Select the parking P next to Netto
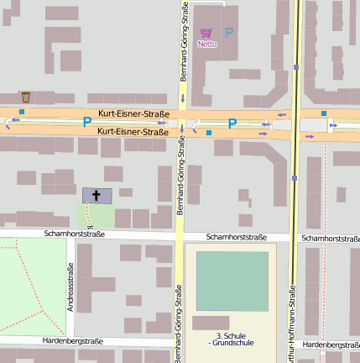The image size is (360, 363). (229, 32)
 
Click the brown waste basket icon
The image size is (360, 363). (26, 97)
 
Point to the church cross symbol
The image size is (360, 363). (96, 195)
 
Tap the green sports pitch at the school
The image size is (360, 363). (232, 281)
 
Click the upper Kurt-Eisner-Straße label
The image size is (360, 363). (133, 113)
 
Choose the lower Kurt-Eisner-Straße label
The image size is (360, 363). (133, 131)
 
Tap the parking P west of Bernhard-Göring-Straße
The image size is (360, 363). (86, 123)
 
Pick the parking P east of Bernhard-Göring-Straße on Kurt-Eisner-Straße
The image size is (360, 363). (232, 123)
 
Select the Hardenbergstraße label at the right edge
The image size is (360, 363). (331, 345)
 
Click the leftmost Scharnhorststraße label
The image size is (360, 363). (75, 234)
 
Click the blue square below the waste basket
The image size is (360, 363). (22, 111)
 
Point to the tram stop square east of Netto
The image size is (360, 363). (295, 66)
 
